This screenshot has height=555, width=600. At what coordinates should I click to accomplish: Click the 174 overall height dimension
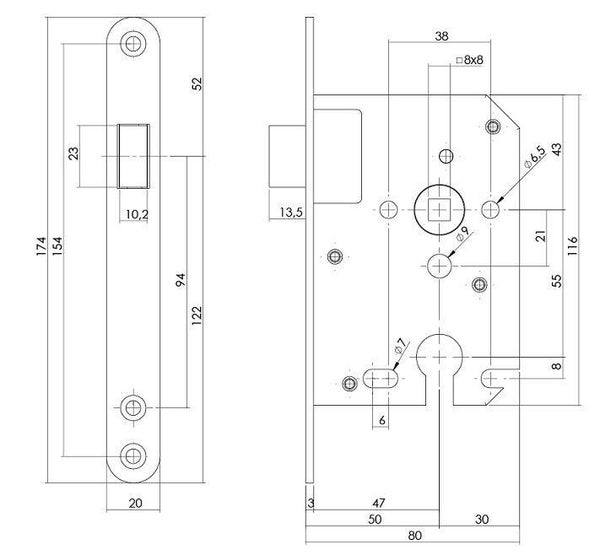[41, 246]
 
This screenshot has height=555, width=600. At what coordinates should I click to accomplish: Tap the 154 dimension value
[57, 246]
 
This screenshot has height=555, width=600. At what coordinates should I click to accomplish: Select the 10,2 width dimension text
[137, 214]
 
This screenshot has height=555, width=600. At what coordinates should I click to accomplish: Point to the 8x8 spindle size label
[470, 60]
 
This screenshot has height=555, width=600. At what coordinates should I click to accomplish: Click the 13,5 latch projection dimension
[291, 212]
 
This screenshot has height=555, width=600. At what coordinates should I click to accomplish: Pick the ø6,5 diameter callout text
[535, 157]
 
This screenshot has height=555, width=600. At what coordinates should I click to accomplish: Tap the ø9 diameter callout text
[463, 233]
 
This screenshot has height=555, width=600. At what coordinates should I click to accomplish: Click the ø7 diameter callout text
[401, 345]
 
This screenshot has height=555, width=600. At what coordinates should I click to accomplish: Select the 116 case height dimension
[572, 246]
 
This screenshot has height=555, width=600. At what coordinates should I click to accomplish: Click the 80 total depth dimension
[415, 535]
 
